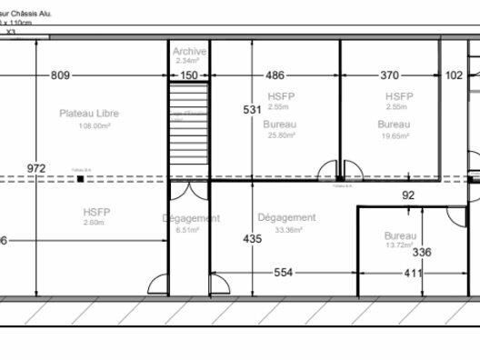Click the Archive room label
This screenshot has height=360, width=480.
point(189,52)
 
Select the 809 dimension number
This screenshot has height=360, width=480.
point(61,75)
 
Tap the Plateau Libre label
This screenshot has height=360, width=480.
point(89,114)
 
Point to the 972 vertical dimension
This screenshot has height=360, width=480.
point(35,168)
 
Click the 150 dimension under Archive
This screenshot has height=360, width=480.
point(189,75)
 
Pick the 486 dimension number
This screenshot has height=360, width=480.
point(275,75)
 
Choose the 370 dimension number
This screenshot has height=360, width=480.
point(389,75)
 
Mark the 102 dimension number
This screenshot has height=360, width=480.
point(455,75)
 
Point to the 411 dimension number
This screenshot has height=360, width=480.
point(414,273)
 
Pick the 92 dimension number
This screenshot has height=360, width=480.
point(407,195)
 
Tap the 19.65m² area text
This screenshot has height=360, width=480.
point(394,135)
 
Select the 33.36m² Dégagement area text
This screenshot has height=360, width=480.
point(286,230)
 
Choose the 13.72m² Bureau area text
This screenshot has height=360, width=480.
point(400,246)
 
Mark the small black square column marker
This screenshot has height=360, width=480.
point(81,180)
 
